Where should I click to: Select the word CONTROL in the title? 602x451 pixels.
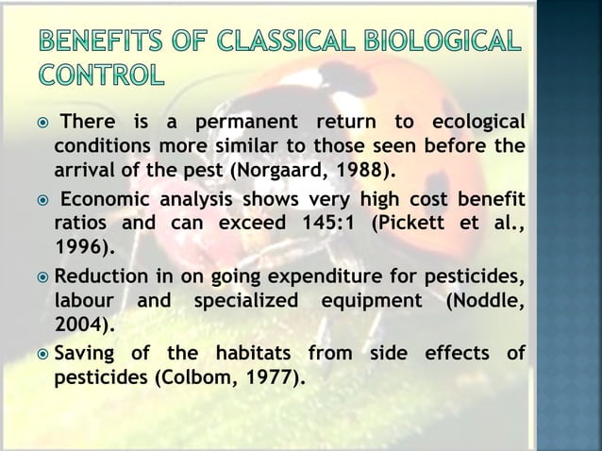click(99, 73)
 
